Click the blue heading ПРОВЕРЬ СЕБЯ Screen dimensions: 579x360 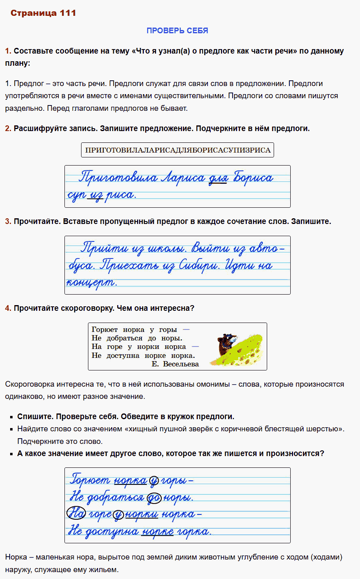177,30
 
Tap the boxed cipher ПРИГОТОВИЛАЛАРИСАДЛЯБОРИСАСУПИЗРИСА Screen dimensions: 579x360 178,150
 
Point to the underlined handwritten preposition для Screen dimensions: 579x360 218,179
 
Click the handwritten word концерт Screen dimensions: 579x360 91,282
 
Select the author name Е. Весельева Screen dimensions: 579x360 175,364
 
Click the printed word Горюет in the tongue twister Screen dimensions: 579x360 105,329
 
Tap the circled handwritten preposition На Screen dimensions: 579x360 76,514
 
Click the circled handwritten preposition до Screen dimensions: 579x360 154,497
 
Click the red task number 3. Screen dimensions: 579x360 8,222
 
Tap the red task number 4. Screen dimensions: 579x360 8,308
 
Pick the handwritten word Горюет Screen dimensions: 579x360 90,480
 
